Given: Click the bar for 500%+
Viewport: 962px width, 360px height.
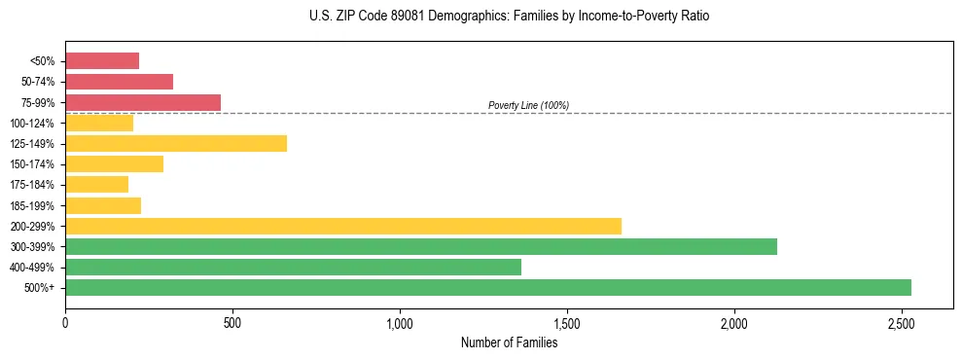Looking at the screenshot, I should pos(487,287).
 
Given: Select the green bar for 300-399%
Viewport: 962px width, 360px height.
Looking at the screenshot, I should pos(420,246).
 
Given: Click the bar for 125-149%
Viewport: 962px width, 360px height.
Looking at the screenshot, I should pos(175,144).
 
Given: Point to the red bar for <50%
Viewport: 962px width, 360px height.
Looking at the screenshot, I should pos(102,61).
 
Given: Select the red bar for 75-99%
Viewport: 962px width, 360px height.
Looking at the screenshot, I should pos(143,102).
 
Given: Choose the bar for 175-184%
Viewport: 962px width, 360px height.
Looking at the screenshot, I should pos(96,185).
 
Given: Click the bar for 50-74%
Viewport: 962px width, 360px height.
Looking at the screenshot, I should pos(119,82).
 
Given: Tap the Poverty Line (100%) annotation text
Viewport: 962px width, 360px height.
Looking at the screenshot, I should pos(528,105).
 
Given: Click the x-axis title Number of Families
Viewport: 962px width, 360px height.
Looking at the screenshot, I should pos(509,342).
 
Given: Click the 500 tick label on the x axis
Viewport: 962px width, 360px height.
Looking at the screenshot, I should pos(232,322).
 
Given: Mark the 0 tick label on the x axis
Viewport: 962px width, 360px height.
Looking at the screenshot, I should pos(65,322).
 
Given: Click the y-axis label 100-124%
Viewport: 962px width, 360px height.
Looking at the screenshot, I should pos(32,124).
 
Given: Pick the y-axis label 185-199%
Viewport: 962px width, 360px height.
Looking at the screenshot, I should pos(32,205).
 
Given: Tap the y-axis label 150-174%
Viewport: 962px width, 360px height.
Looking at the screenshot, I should pos(32,164).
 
